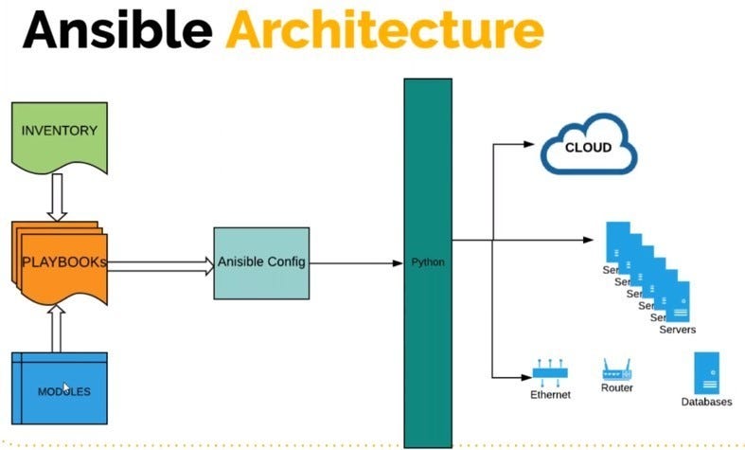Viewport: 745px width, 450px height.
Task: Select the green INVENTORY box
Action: (59, 132)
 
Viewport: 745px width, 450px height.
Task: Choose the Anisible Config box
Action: (261, 262)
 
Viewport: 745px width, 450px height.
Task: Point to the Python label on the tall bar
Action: (428, 261)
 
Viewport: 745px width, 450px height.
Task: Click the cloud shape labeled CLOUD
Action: (588, 148)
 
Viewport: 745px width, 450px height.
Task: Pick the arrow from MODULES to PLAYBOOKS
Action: (57, 328)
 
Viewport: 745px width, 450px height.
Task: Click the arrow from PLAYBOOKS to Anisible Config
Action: (161, 266)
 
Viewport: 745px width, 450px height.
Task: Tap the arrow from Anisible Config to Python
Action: (356, 262)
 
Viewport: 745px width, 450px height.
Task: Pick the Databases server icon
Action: (706, 372)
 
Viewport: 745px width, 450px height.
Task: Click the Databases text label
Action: (706, 402)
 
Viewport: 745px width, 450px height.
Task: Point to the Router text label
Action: (617, 387)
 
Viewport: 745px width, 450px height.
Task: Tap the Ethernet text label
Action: (550, 394)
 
